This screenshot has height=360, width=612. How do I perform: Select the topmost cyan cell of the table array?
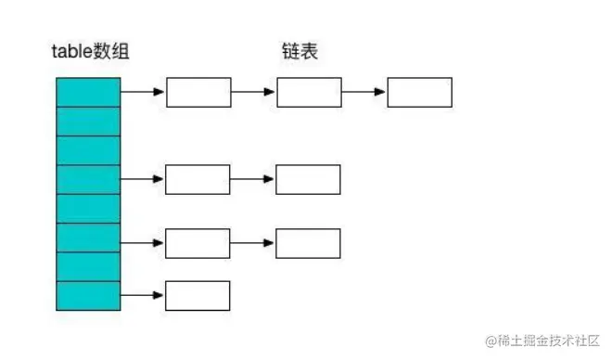pos(88,93)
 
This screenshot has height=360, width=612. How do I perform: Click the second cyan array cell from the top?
pos(88,122)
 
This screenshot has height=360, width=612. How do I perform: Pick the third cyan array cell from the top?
pos(88,150)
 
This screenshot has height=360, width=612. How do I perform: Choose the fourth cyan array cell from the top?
pos(88,179)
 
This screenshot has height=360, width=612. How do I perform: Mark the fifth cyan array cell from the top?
pos(88,208)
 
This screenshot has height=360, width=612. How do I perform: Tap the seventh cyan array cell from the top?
pos(88,266)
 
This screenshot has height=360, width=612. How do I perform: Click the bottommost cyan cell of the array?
pos(88,295)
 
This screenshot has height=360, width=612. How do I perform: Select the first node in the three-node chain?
pos(198,93)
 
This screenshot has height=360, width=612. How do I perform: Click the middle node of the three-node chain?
pos(310,93)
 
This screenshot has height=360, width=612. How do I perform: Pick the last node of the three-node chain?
pos(419,93)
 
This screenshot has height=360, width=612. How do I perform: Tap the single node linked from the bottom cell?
pos(198,295)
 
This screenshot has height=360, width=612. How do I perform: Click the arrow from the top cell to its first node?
pos(143,93)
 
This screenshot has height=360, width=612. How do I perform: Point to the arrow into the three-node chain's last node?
pos(364,93)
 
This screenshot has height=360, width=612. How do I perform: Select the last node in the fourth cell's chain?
pos(308,179)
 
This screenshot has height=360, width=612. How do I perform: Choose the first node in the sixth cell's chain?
pos(198,243)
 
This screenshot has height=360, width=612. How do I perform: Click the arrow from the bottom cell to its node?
pos(143,295)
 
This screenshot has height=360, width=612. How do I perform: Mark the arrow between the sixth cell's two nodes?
pos(253,243)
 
